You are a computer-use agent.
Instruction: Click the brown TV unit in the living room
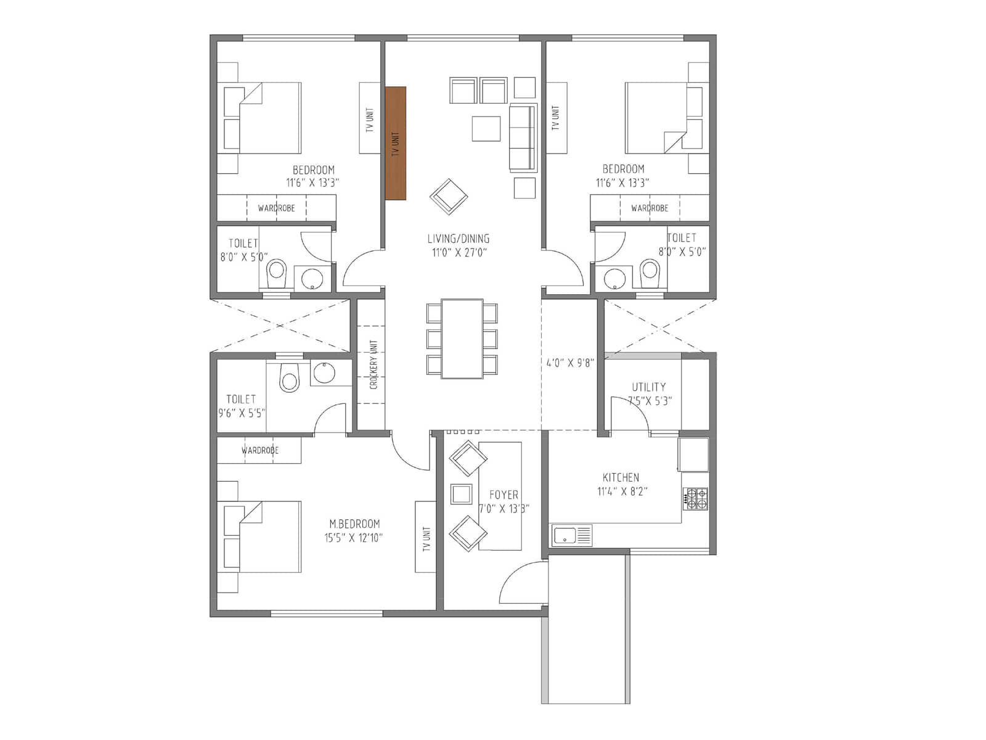pos(396,143)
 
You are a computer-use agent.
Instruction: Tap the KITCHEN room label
pos(621,477)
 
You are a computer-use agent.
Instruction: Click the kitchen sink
pos(572,535)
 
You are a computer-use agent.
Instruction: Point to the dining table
pos(462,339)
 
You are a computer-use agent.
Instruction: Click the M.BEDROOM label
pos(354,524)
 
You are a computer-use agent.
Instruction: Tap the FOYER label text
pos(503,495)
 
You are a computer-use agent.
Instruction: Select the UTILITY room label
pos(648,387)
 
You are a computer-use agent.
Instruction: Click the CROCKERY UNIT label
pos(373,364)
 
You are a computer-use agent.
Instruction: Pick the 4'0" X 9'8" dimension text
pos(569,363)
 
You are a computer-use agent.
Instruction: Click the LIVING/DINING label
pos(458,239)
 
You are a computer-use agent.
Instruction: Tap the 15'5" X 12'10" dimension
pos(354,538)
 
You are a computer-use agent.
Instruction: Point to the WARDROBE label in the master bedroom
pos(260,451)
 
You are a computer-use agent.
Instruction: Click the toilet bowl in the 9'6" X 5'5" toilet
pos(289,377)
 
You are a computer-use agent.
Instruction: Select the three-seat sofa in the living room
pos(523,138)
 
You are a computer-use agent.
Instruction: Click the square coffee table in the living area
pos(486,128)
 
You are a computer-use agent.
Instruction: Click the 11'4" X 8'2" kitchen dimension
pos(622,491)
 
